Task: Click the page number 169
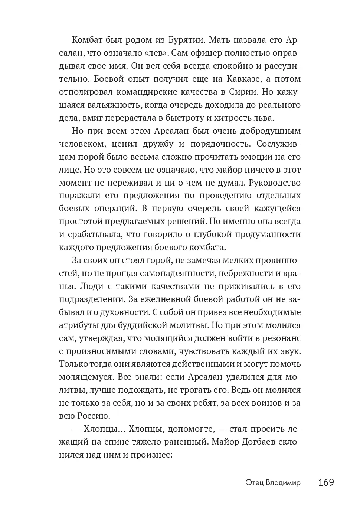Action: point(326,482)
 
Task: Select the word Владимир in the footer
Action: point(284,483)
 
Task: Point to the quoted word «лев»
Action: point(155,53)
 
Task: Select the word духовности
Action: point(129,312)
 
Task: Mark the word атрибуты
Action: point(76,325)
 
